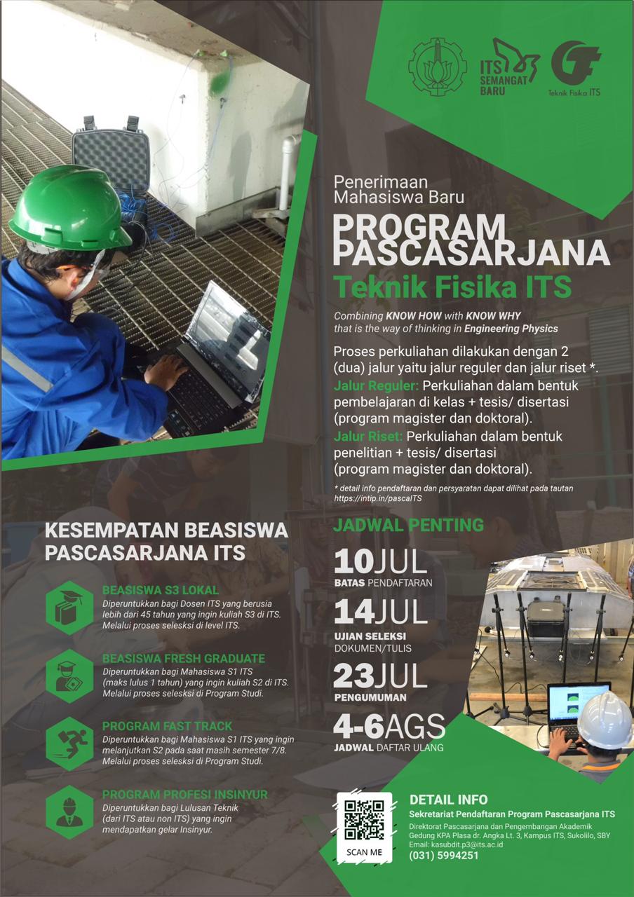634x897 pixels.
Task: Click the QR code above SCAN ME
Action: click(364, 819)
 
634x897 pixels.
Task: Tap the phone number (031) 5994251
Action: click(444, 855)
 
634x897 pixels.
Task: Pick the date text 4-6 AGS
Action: click(389, 727)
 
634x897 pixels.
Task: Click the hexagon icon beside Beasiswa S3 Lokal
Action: click(69, 608)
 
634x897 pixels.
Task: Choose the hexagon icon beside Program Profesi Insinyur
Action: click(69, 812)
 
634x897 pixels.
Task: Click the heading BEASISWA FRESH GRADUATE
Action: click(184, 659)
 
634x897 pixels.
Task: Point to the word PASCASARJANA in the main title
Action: click(471, 252)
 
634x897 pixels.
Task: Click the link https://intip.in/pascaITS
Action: click(378, 498)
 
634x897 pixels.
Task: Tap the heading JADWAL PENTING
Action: click(408, 525)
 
